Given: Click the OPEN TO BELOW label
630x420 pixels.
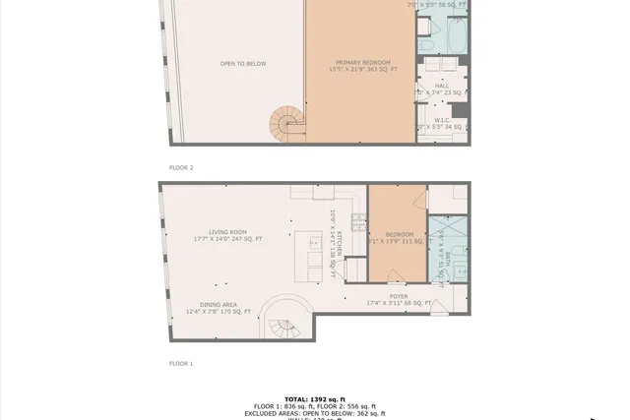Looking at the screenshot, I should click(242, 64).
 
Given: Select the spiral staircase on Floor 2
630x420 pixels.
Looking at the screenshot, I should click(288, 126).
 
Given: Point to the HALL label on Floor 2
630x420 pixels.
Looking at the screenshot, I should click(442, 86).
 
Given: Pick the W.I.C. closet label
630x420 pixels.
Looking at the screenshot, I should click(441, 121).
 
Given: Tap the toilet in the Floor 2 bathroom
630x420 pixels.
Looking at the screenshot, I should click(426, 43).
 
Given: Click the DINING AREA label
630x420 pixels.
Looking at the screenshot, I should click(218, 305).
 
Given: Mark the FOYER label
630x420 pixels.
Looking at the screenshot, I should click(399, 296).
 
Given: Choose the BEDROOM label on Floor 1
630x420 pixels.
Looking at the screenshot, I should click(399, 234).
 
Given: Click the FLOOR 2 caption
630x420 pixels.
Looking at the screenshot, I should click(181, 168).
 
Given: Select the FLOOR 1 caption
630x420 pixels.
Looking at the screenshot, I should click(181, 363).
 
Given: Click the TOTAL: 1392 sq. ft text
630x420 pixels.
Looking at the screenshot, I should click(315, 398).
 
